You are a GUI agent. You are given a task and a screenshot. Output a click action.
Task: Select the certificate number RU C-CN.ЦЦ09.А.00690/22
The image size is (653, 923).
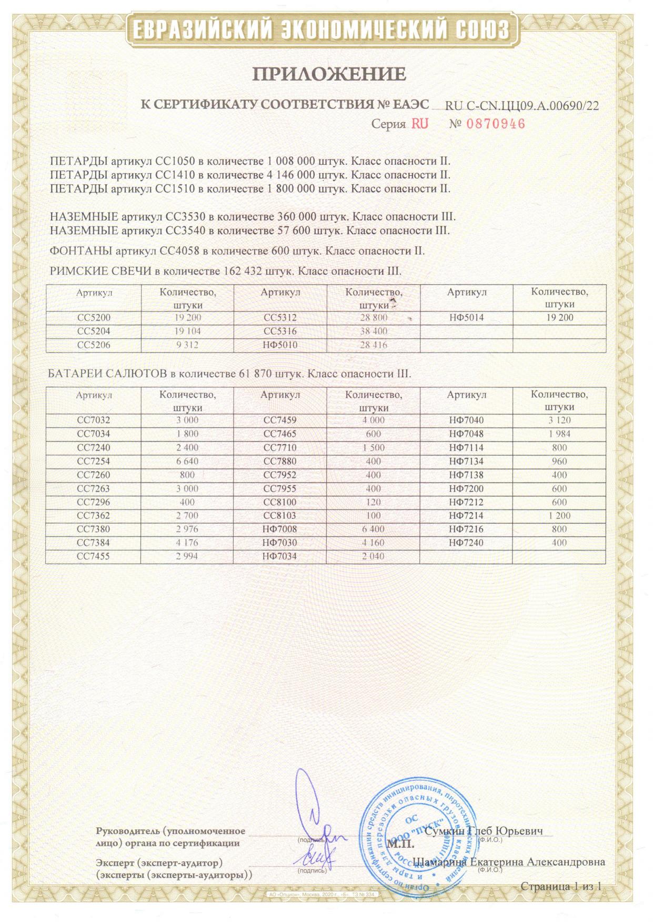(521, 106)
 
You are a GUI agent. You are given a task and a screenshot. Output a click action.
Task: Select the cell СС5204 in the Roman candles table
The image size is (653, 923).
(94, 332)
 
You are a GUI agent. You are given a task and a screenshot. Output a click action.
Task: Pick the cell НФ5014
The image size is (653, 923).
(466, 318)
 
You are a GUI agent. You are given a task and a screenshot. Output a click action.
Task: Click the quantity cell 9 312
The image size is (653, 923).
(188, 345)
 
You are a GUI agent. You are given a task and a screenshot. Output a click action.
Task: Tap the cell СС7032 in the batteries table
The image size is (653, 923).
(94, 420)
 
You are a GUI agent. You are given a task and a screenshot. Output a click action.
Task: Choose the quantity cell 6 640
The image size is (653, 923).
(188, 461)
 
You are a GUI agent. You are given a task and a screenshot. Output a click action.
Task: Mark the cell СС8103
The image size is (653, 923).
(280, 516)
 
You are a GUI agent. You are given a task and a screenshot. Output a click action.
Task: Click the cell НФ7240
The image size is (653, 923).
(466, 543)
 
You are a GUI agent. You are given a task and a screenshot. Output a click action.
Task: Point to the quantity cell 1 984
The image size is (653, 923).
(559, 434)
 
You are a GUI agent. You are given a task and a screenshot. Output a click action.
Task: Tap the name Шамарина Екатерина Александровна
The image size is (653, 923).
(509, 862)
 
